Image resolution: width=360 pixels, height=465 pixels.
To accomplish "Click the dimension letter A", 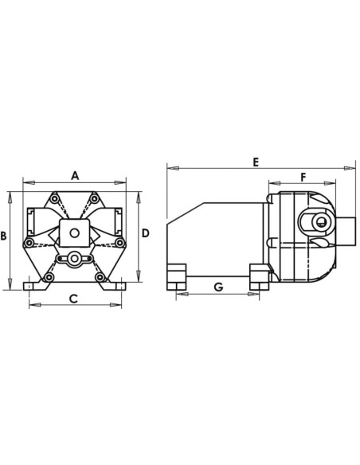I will click(74, 175).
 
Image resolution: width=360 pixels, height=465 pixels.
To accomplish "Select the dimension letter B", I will click(4, 236).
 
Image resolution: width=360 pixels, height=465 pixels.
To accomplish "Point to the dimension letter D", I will click(146, 233).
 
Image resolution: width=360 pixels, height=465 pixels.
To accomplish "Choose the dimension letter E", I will click(256, 162).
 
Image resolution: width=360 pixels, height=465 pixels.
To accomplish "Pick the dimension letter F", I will click(303, 177).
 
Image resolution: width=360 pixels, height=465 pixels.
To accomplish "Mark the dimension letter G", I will click(217, 287).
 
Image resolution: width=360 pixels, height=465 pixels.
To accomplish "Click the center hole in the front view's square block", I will click(74, 233).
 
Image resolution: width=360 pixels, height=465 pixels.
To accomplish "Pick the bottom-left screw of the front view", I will click(49, 277).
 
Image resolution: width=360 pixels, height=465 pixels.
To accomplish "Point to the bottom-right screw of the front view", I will click(100, 277).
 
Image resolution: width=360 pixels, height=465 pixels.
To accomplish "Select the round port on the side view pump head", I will click(317, 225).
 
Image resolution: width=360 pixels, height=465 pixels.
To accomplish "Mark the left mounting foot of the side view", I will click(175, 275).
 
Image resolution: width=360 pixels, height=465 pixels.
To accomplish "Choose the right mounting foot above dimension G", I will click(260, 275).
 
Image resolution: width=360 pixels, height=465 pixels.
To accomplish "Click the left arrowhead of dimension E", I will click(169, 168).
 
